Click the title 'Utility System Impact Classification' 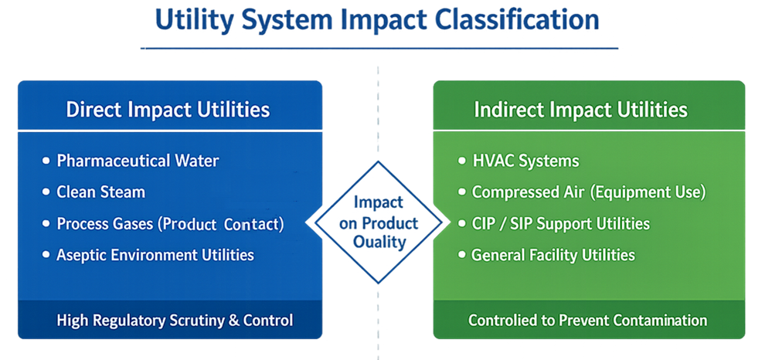[377, 20]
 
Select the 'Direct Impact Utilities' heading [168, 109]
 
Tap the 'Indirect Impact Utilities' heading [580, 109]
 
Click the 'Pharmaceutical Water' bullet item [138, 161]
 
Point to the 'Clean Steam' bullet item [100, 192]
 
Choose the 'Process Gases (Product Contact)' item [170, 224]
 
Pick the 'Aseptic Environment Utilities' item [155, 254]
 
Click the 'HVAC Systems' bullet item [525, 161]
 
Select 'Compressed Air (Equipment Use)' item [588, 192]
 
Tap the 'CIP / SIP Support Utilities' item [560, 224]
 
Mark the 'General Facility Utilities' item [553, 254]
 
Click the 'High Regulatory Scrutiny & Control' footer [175, 320]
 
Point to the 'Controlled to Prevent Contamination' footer [588, 320]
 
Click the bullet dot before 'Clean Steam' [46, 192]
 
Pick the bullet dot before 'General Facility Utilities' [462, 255]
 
